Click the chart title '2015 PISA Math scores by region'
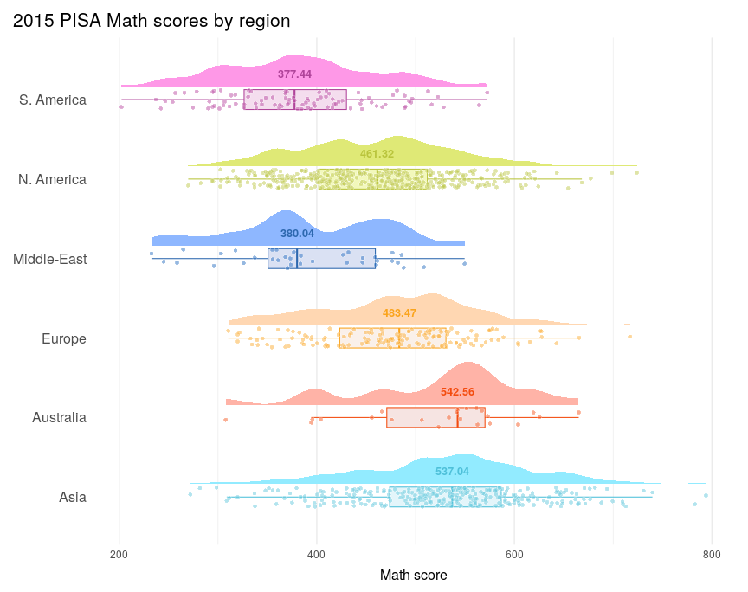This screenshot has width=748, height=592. pos(152,21)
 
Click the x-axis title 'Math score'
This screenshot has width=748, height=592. pos(414,576)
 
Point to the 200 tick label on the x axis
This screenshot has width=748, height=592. pos(119,555)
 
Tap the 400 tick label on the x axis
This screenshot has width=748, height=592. pos(316,555)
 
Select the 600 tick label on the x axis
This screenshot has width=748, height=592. pos(514,555)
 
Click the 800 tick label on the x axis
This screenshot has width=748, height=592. pos(712,555)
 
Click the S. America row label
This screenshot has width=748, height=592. pos(53,100)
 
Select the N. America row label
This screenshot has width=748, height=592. pos(52,180)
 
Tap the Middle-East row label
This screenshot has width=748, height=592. pos(49,260)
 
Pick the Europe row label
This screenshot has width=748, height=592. pos(64,338)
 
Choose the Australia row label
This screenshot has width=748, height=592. pos(59,418)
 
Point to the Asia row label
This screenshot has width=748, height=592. pos(73,497)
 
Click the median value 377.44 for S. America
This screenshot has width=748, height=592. pos(295,74)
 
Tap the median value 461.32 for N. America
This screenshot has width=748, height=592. pos(377,154)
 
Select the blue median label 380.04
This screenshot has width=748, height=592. pos(297,234)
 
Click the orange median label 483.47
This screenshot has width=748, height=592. pos(399,313)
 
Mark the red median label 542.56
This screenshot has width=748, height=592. pos(457,392)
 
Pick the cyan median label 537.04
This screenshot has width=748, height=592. pos(452,472)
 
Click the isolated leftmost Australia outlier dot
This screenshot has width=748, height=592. pos(226,420)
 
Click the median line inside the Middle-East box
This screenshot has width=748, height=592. pos(297,259)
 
